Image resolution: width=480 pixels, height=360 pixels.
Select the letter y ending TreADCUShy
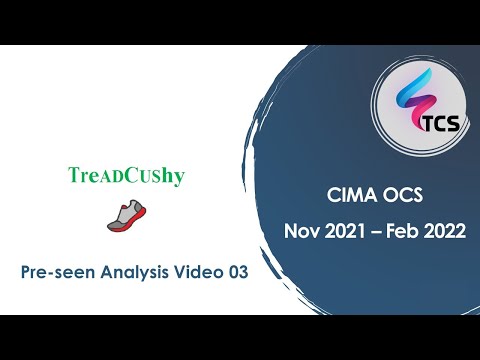pyautogui.click(x=179, y=177)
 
